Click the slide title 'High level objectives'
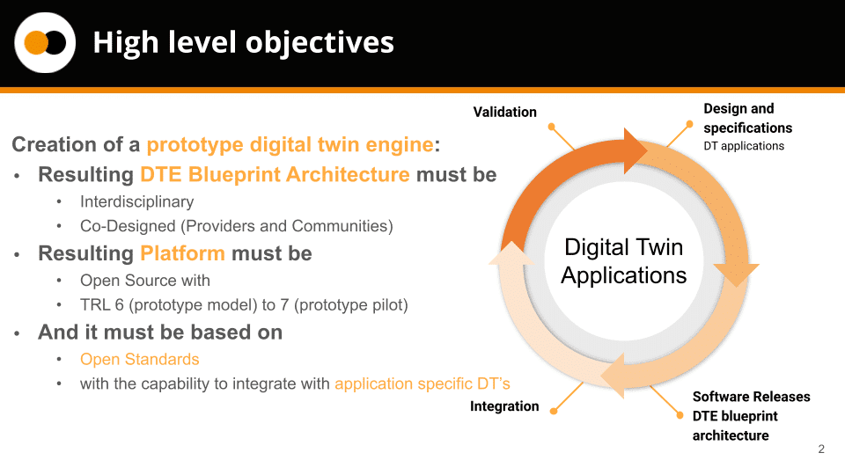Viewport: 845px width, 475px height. pyautogui.click(x=244, y=43)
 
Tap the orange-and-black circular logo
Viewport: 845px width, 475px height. pyautogui.click(x=45, y=42)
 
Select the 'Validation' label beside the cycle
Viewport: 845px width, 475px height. pyautogui.click(x=505, y=112)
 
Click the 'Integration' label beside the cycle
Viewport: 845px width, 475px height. pyautogui.click(x=504, y=406)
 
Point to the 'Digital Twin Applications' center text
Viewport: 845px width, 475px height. pyautogui.click(x=624, y=261)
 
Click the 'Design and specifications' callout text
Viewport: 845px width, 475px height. pyautogui.click(x=748, y=118)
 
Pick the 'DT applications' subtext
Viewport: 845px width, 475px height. pyautogui.click(x=744, y=146)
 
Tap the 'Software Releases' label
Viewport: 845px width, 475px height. pyautogui.click(x=751, y=397)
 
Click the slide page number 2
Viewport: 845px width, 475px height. pyautogui.click(x=821, y=449)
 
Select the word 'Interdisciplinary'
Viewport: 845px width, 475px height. pyautogui.click(x=137, y=201)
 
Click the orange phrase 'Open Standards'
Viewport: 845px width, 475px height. pyautogui.click(x=140, y=359)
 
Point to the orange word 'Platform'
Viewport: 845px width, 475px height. pyautogui.click(x=182, y=253)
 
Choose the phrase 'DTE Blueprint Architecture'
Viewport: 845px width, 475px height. pyautogui.click(x=275, y=174)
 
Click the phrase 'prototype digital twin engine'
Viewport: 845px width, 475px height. pyautogui.click(x=290, y=144)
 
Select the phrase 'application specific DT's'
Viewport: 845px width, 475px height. pyautogui.click(x=422, y=384)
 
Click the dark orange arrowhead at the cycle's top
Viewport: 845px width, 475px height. pyautogui.click(x=635, y=150)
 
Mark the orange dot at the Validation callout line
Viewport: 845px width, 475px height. pyautogui.click(x=551, y=127)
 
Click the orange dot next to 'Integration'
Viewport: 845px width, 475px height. pyautogui.click(x=554, y=412)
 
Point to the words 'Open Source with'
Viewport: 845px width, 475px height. pyautogui.click(x=145, y=281)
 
